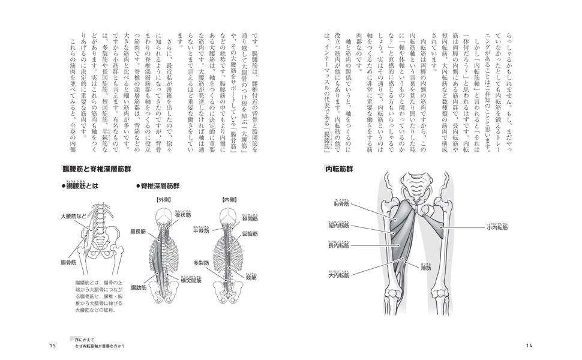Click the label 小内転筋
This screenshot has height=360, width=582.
click(497, 228)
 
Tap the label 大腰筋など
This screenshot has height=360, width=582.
click(74, 216)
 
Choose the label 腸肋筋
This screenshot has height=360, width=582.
click(140, 287)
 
